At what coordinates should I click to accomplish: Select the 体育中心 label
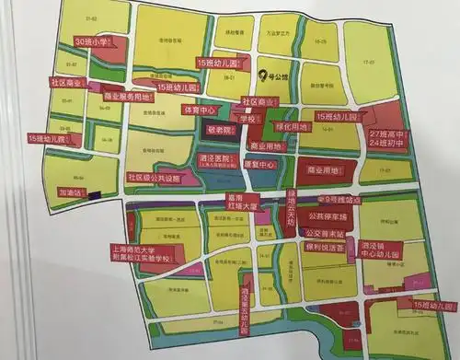tap(201, 110)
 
